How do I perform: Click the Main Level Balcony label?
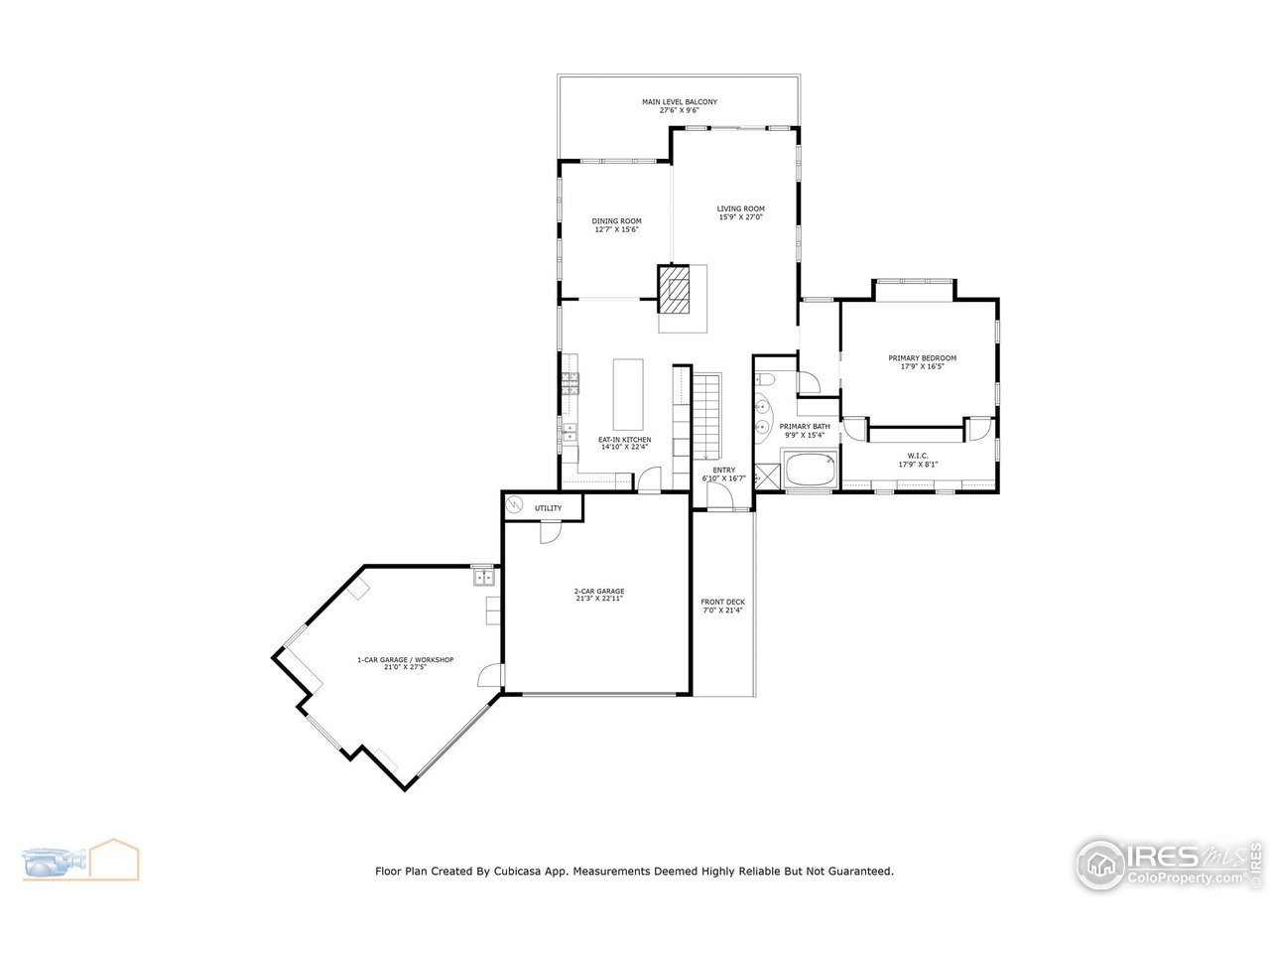coord(679,102)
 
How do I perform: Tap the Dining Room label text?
coord(616,220)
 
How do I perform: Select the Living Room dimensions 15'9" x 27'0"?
coord(741,217)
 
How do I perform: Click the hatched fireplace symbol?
coord(675,289)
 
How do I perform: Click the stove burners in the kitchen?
coord(571,385)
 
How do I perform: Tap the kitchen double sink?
coord(571,431)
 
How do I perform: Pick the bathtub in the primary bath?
coord(811,470)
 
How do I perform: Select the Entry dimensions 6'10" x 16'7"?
coord(723,478)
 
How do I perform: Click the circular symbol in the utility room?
coord(514,506)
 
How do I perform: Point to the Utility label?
coord(549,508)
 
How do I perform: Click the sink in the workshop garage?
coord(484,577)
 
